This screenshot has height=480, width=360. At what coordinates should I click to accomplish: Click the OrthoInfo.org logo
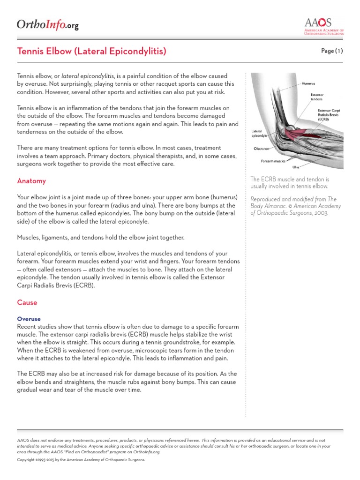(x=47, y=24)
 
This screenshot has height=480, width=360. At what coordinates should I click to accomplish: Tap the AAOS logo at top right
(x=324, y=26)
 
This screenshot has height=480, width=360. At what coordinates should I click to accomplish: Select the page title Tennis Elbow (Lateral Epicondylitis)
(x=92, y=51)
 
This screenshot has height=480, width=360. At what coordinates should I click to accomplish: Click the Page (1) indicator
(x=332, y=51)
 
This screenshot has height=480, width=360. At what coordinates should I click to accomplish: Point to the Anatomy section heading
(x=31, y=181)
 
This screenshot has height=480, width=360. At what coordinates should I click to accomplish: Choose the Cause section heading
(x=27, y=302)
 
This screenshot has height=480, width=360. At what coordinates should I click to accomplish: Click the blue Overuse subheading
(x=29, y=319)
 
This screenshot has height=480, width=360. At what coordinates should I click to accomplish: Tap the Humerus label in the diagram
(x=308, y=83)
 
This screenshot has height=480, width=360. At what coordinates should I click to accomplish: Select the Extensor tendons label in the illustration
(x=317, y=97)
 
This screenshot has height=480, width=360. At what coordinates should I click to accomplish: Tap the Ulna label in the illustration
(x=296, y=166)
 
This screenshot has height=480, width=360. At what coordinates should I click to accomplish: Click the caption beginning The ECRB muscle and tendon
(x=290, y=182)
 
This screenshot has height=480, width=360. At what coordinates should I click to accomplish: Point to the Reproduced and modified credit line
(x=295, y=206)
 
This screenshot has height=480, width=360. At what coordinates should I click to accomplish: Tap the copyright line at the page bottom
(x=81, y=460)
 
